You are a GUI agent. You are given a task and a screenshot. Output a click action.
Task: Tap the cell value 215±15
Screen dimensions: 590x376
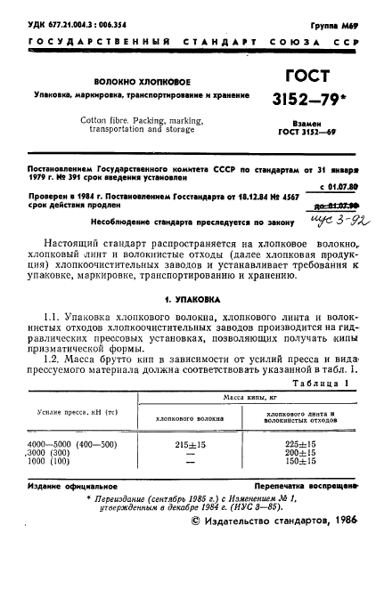click(190, 441)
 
